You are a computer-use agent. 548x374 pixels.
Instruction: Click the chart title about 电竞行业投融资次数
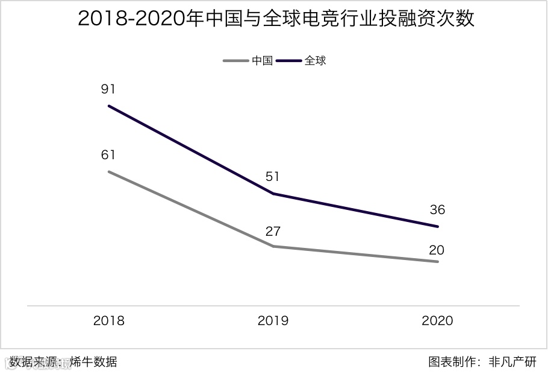click(276, 19)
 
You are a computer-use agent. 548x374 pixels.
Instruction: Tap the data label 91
click(108, 89)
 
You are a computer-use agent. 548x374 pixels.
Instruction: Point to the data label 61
click(108, 155)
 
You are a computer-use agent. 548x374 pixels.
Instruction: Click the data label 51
click(273, 177)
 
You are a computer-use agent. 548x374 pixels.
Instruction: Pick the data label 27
click(273, 231)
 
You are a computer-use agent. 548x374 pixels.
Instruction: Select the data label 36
click(438, 210)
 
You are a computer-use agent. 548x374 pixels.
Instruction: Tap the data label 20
click(438, 250)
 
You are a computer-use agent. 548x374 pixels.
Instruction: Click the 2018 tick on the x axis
click(109, 321)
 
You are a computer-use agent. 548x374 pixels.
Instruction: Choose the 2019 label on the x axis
click(273, 321)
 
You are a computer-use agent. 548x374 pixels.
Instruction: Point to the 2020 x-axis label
click(437, 321)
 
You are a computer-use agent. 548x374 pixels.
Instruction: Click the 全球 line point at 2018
click(109, 106)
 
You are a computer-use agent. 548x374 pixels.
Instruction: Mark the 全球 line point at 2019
click(273, 194)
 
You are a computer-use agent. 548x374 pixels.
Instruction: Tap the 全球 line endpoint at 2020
click(438, 227)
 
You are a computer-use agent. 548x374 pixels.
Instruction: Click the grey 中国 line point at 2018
click(109, 171)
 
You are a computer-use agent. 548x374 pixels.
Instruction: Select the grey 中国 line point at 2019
click(273, 246)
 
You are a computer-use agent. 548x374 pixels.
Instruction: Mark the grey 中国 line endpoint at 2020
click(438, 262)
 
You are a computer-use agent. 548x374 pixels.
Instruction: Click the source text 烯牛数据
click(93, 362)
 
